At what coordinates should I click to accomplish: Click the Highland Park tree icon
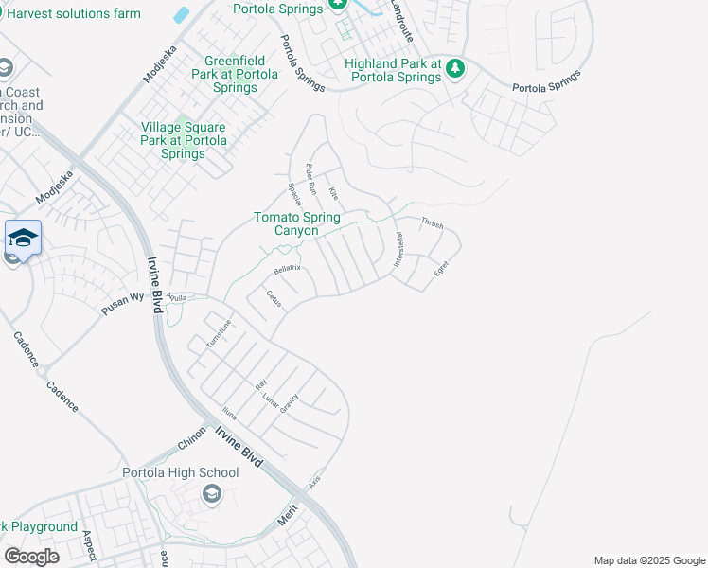(x=455, y=67)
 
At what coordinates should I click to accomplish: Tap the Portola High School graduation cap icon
(x=211, y=493)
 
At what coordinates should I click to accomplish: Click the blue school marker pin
(x=22, y=239)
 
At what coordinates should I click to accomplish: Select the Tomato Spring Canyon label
(x=296, y=223)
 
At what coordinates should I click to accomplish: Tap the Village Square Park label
(x=184, y=140)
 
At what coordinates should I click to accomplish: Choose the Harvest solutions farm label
(x=73, y=13)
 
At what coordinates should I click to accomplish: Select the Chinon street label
(x=192, y=442)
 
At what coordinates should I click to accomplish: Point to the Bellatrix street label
(x=286, y=269)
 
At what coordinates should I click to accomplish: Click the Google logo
(x=31, y=557)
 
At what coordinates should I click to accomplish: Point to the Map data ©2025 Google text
(x=649, y=560)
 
